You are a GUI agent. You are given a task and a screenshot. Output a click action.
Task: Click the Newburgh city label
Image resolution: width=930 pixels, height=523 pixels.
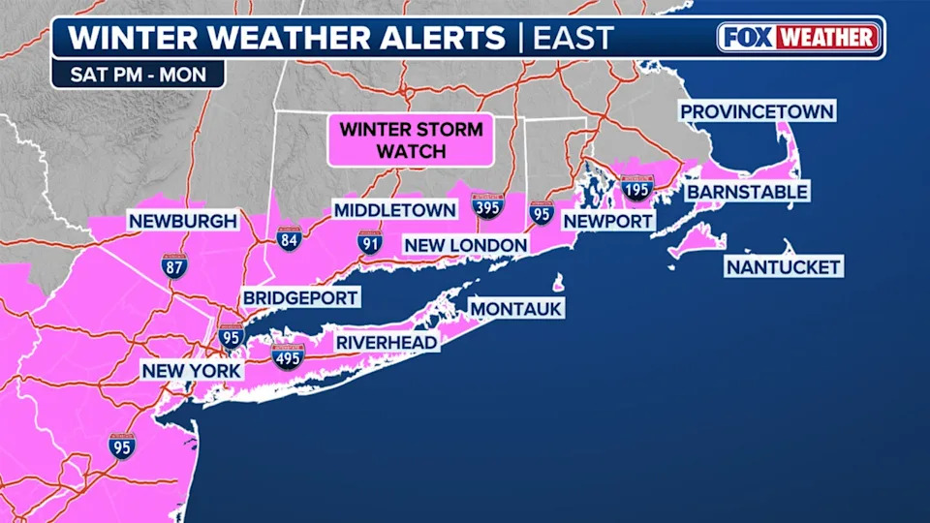[183, 222]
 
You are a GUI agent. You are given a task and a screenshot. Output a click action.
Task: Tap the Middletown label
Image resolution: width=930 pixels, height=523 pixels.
[394, 210]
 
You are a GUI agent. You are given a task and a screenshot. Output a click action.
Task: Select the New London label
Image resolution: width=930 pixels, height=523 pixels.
[466, 245]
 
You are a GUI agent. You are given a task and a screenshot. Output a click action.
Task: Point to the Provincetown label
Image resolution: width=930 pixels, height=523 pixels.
[757, 111]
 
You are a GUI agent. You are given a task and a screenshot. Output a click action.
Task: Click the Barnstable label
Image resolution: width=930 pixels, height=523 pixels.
[747, 192]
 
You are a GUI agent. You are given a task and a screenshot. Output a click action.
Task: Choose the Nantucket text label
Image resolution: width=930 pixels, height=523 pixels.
[784, 266]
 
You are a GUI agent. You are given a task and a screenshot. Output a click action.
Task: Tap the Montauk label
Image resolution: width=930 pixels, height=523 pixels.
[516, 308]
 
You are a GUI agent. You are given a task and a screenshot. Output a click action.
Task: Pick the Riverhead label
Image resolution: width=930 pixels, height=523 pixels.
[387, 342]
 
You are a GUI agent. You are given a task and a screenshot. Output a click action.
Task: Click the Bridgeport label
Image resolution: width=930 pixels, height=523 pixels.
[301, 297]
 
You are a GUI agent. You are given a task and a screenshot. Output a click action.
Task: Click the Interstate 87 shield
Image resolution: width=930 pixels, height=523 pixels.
[174, 263]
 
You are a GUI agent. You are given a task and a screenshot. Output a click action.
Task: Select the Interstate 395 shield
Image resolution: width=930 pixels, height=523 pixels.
[487, 205]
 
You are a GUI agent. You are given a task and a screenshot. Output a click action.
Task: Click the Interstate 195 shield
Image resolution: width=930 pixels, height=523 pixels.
[636, 188]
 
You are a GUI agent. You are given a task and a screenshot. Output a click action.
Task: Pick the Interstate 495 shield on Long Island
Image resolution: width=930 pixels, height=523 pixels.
[288, 357]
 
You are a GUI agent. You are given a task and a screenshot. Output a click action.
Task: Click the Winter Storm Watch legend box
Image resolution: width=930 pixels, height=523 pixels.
[411, 139]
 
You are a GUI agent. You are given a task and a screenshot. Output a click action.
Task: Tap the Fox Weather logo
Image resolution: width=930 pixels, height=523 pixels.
[799, 38]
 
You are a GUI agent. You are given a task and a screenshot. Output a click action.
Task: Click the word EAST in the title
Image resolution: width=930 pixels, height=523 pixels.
[573, 39]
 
